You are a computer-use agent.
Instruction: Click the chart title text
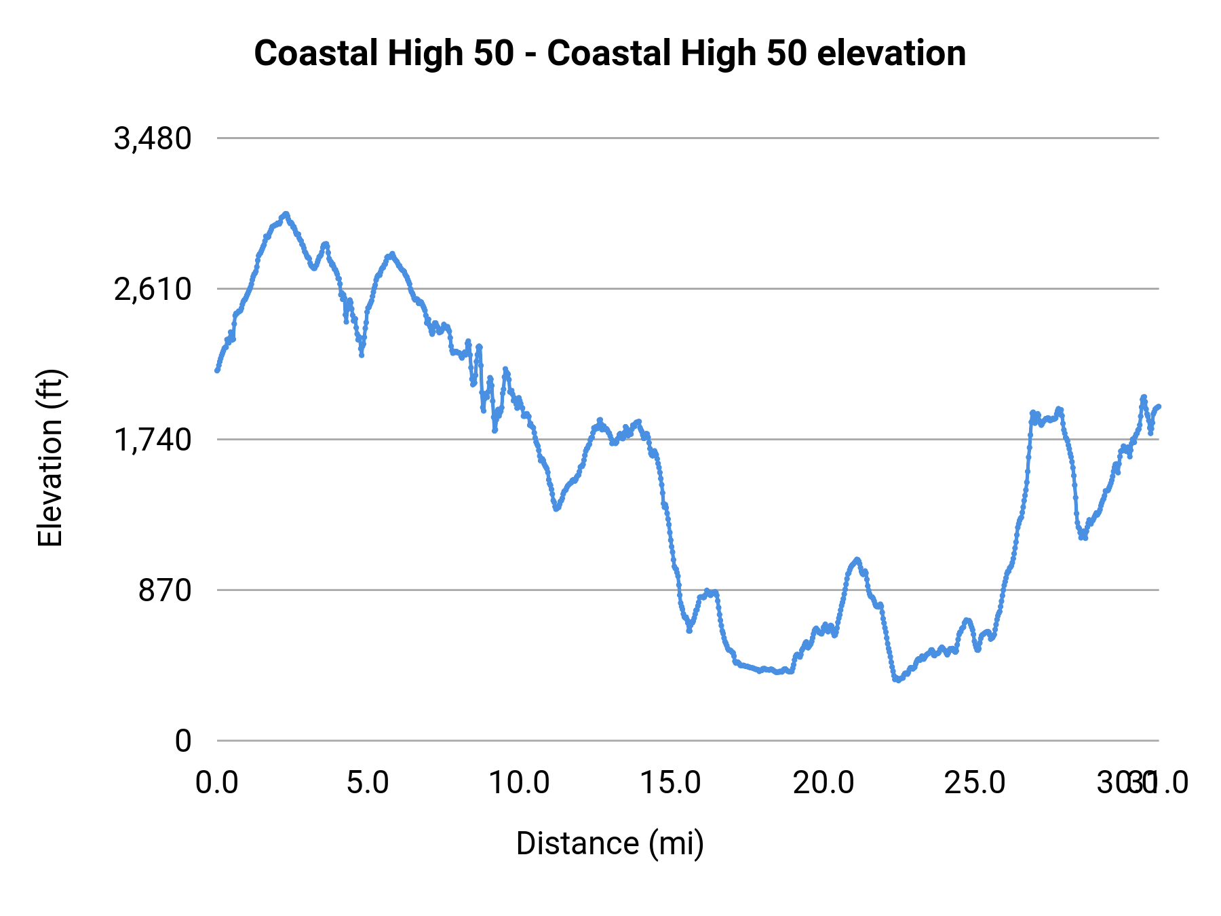(609, 54)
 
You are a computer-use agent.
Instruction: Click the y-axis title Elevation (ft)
(50, 458)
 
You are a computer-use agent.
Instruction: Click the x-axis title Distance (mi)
(610, 843)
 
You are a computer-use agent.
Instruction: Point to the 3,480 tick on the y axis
(153, 139)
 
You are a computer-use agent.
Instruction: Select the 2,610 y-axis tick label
(153, 290)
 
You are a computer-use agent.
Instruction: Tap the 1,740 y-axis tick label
(153, 440)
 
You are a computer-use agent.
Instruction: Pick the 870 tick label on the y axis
(166, 591)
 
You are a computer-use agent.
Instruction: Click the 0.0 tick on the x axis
(217, 783)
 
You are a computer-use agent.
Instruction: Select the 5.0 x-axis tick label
(368, 783)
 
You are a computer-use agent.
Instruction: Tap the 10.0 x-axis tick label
(519, 783)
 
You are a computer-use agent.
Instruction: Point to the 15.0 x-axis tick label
(671, 783)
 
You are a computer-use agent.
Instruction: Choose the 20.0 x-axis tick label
(823, 783)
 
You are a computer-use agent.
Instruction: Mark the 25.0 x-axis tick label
(975, 783)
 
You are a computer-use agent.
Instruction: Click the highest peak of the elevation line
(286, 214)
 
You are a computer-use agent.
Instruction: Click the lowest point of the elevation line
(897, 679)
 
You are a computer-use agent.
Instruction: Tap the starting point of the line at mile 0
(217, 370)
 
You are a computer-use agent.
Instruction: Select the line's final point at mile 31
(1159, 406)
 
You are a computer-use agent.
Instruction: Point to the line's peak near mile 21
(857, 560)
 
